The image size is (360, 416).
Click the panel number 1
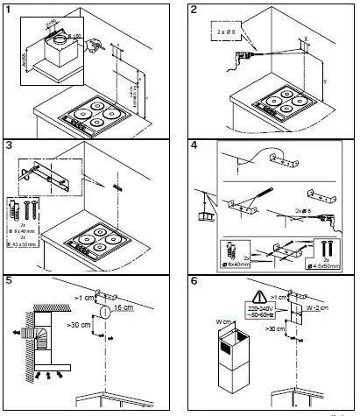[11, 10]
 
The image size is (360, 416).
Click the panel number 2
[194, 10]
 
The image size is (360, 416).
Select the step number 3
[11, 145]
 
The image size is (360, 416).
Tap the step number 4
[194, 145]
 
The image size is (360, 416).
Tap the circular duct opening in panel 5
[106, 310]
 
